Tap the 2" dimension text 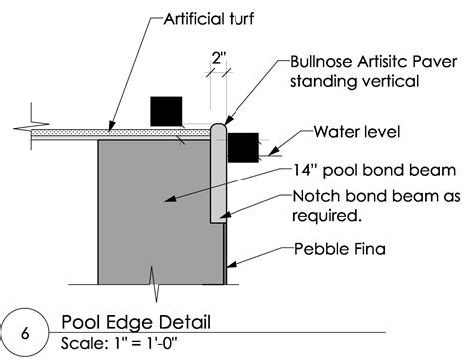[x=218, y=59]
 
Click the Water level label [x=356, y=131]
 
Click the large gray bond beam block [x=150, y=209]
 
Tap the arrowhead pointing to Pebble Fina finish [x=230, y=266]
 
